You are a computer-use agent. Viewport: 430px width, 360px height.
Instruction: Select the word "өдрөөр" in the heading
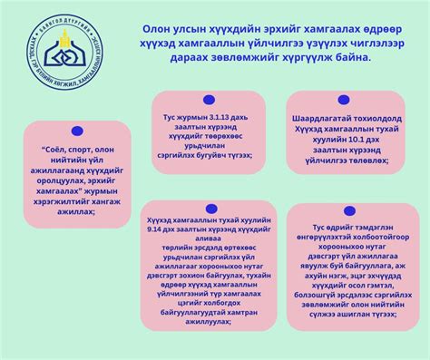point(369,29)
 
